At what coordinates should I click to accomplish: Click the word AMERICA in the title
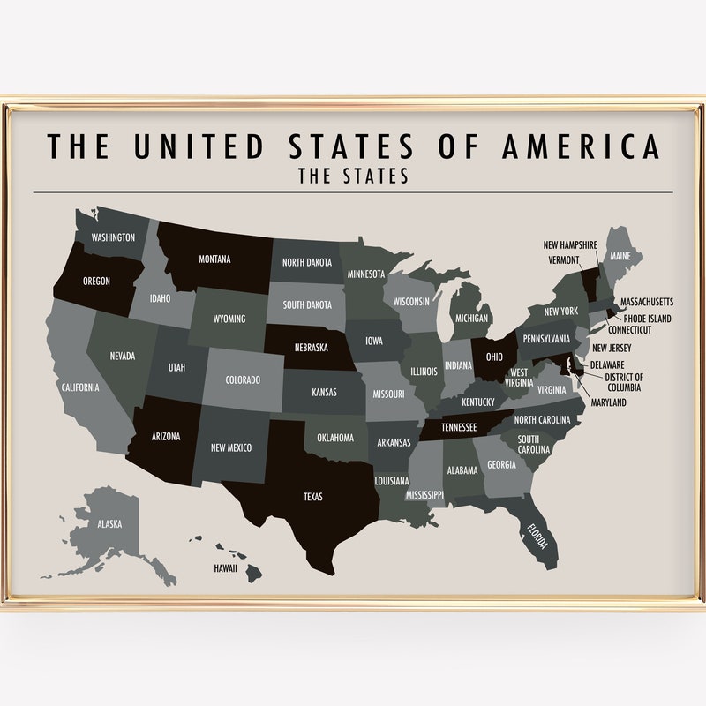(581, 146)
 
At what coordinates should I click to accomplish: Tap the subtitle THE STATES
(353, 176)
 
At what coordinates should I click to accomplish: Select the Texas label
(313, 497)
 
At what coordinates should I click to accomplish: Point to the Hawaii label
(225, 568)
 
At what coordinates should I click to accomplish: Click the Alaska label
(110, 523)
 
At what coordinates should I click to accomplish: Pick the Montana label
(214, 259)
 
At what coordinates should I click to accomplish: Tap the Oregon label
(96, 281)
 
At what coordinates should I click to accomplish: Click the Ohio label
(492, 357)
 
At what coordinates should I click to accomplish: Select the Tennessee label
(458, 427)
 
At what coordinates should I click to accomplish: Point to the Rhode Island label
(647, 319)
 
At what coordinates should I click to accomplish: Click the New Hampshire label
(569, 244)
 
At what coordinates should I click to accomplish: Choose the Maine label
(620, 257)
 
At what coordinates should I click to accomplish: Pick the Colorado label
(243, 380)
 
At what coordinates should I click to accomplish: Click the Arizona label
(165, 436)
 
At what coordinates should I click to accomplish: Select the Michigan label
(472, 318)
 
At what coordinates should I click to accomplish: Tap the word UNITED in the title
(199, 146)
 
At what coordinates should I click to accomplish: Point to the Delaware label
(608, 364)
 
